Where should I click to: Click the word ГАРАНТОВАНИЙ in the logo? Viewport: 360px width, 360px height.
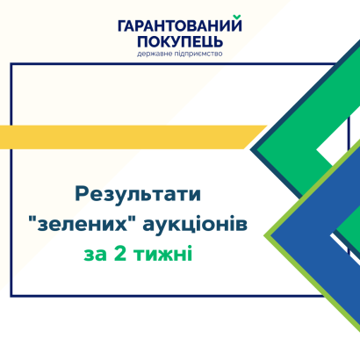pyautogui.click(x=180, y=25)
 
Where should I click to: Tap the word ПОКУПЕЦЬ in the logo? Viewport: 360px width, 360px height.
pyautogui.click(x=180, y=41)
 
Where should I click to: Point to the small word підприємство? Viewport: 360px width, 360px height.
pyautogui.click(x=198, y=54)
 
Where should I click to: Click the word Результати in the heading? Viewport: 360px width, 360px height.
pyautogui.click(x=138, y=194)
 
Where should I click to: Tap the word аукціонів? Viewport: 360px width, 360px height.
pyautogui.click(x=195, y=226)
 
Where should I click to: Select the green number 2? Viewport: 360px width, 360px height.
pyautogui.click(x=120, y=254)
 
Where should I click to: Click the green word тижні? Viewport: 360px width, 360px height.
pyautogui.click(x=162, y=254)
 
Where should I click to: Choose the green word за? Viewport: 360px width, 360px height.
pyautogui.click(x=95, y=255)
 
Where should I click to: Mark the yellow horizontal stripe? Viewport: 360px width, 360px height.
pyautogui.click(x=133, y=137)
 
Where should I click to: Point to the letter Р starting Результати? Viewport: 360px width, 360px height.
pyautogui.click(x=81, y=194)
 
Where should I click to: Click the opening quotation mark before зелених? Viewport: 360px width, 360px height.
pyautogui.click(x=32, y=220)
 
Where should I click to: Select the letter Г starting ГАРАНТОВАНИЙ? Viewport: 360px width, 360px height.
pyautogui.click(x=122, y=25)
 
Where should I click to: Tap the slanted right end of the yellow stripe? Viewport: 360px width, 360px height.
pyautogui.click(x=256, y=137)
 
